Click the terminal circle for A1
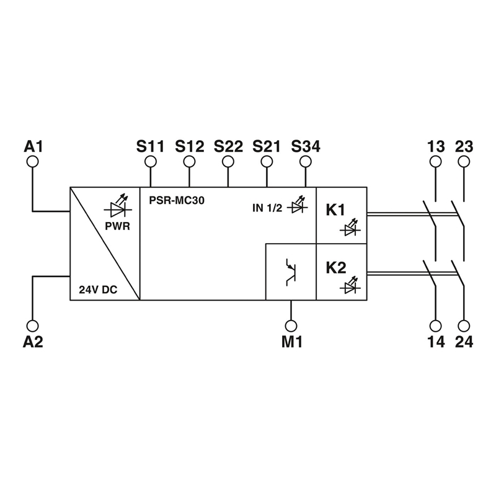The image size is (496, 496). point(33,162)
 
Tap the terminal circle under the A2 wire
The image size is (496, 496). point(33,325)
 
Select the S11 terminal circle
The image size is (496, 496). point(151,162)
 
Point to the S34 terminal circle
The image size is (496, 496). point(306,162)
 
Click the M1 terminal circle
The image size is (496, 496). point(291,325)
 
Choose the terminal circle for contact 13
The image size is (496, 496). point(436,162)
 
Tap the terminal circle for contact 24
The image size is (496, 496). point(464,325)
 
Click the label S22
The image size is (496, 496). point(228,146)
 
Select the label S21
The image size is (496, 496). point(267,146)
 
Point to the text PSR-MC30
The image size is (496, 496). point(177,200)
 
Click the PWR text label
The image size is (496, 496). point(117,226)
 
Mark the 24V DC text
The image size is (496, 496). point(98,290)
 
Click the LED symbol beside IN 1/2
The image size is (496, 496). point(298,205)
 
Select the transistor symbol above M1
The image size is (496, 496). point(291,272)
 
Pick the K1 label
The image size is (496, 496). point(335,210)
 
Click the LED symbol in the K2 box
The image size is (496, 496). point(350,285)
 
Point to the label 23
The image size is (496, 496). point(464,146)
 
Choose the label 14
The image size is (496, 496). point(436,342)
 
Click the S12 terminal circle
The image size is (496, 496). point(189,162)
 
